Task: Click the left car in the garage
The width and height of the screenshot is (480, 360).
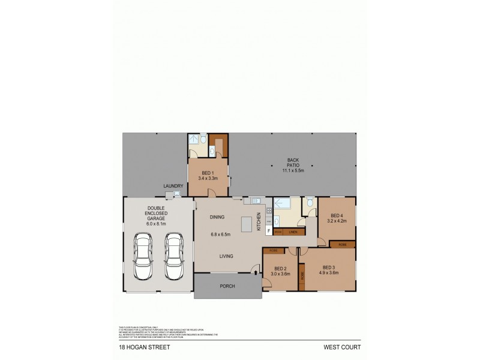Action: point(143,256)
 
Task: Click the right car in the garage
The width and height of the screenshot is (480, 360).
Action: point(174,256)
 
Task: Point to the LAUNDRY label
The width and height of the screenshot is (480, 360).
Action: point(173,186)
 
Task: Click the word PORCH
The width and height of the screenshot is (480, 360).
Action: point(227,286)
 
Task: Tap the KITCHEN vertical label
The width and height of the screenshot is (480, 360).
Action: point(259,221)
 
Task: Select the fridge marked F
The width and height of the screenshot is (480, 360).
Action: point(268,231)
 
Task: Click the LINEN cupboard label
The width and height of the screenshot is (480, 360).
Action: point(293,231)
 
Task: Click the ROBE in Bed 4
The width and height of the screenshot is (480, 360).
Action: point(342,244)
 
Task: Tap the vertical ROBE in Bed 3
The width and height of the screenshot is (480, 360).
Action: point(302,278)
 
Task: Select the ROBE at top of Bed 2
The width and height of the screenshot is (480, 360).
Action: point(273,250)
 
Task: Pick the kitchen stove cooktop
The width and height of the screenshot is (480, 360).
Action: point(269,211)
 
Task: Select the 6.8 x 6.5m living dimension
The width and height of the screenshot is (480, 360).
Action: point(223,235)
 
